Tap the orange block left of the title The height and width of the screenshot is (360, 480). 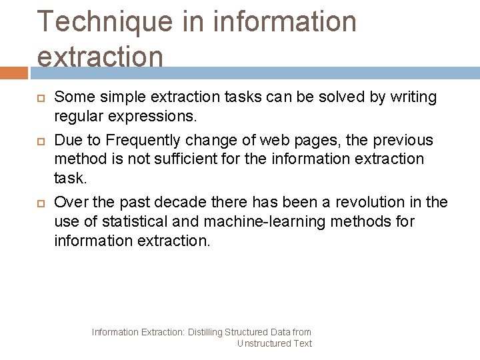point(13,72)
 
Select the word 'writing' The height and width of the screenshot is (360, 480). point(413,97)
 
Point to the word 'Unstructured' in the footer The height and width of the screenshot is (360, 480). point(264,343)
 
